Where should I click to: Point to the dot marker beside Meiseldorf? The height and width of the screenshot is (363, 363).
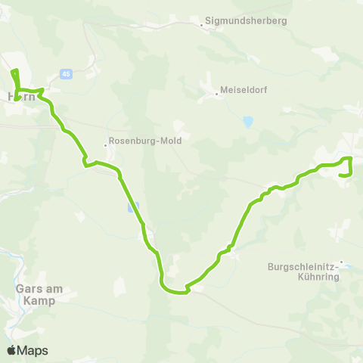[217, 94]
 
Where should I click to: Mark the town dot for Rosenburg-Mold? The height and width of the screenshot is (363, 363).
[106, 145]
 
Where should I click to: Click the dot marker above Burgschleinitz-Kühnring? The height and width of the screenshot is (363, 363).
[341, 262]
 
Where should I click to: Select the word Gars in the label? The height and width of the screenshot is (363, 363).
[27, 290]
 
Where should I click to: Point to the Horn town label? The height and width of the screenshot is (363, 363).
[20, 97]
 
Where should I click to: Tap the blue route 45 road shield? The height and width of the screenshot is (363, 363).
[66, 74]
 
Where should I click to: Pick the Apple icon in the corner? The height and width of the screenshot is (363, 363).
[11, 350]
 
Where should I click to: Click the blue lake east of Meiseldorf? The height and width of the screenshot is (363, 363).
[247, 121]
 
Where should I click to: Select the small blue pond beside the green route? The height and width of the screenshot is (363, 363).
[134, 206]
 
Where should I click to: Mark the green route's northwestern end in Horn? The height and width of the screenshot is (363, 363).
[14, 71]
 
